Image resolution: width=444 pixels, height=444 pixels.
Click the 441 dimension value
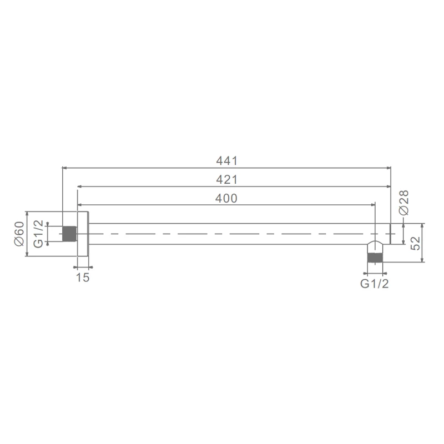(227, 161)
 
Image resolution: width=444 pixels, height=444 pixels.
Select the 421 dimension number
(227, 179)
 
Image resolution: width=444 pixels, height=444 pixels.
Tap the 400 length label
(226, 199)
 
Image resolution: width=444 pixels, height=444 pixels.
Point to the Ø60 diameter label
(19, 234)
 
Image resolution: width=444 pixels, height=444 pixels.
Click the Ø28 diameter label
(403, 202)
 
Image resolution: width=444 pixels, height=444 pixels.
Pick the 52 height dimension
(415, 243)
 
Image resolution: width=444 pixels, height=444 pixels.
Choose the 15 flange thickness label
(83, 277)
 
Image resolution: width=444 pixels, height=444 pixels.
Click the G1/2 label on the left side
(38, 234)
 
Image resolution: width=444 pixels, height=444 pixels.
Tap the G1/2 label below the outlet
(374, 284)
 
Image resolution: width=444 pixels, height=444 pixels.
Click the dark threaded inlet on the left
(69, 234)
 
